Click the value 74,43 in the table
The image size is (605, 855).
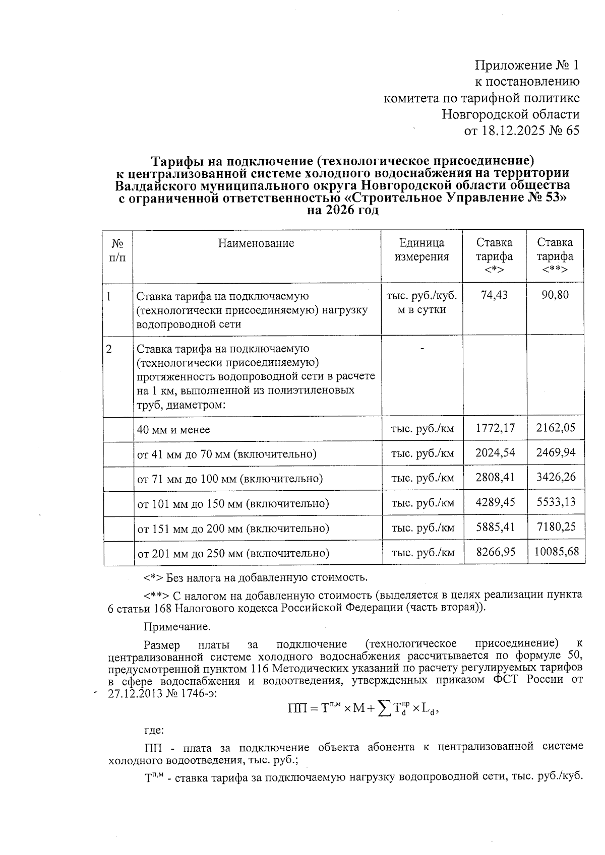tap(494, 295)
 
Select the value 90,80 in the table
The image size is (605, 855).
tap(555, 295)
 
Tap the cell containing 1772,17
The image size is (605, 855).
tap(495, 429)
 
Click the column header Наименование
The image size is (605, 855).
tap(256, 243)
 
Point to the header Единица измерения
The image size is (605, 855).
tap(421, 250)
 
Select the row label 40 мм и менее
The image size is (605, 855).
tap(173, 430)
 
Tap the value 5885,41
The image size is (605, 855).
tap(495, 528)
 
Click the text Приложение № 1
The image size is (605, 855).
tap(527, 65)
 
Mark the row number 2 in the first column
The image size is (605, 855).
tap(109, 349)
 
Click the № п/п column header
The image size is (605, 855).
tap(117, 250)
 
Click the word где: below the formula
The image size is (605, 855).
tap(153, 730)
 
